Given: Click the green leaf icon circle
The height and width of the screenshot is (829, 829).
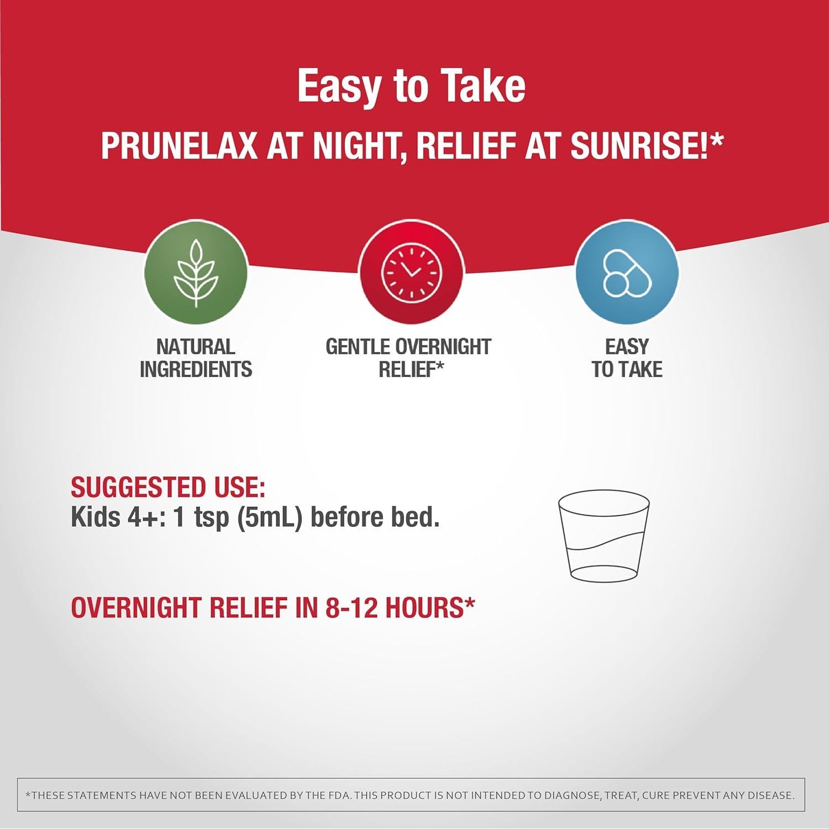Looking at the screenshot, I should [x=196, y=272].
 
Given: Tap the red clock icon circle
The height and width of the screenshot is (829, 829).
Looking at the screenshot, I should [x=411, y=272].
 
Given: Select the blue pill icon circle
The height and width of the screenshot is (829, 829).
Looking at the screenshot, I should [x=627, y=272].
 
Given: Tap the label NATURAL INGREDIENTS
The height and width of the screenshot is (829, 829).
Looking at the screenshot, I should [x=196, y=358].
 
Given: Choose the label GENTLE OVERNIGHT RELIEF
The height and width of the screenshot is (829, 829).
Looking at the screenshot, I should [x=408, y=358].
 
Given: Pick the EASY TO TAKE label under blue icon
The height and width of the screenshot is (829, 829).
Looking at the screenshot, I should [x=627, y=358].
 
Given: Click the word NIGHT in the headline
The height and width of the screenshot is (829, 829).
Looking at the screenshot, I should [x=345, y=146].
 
